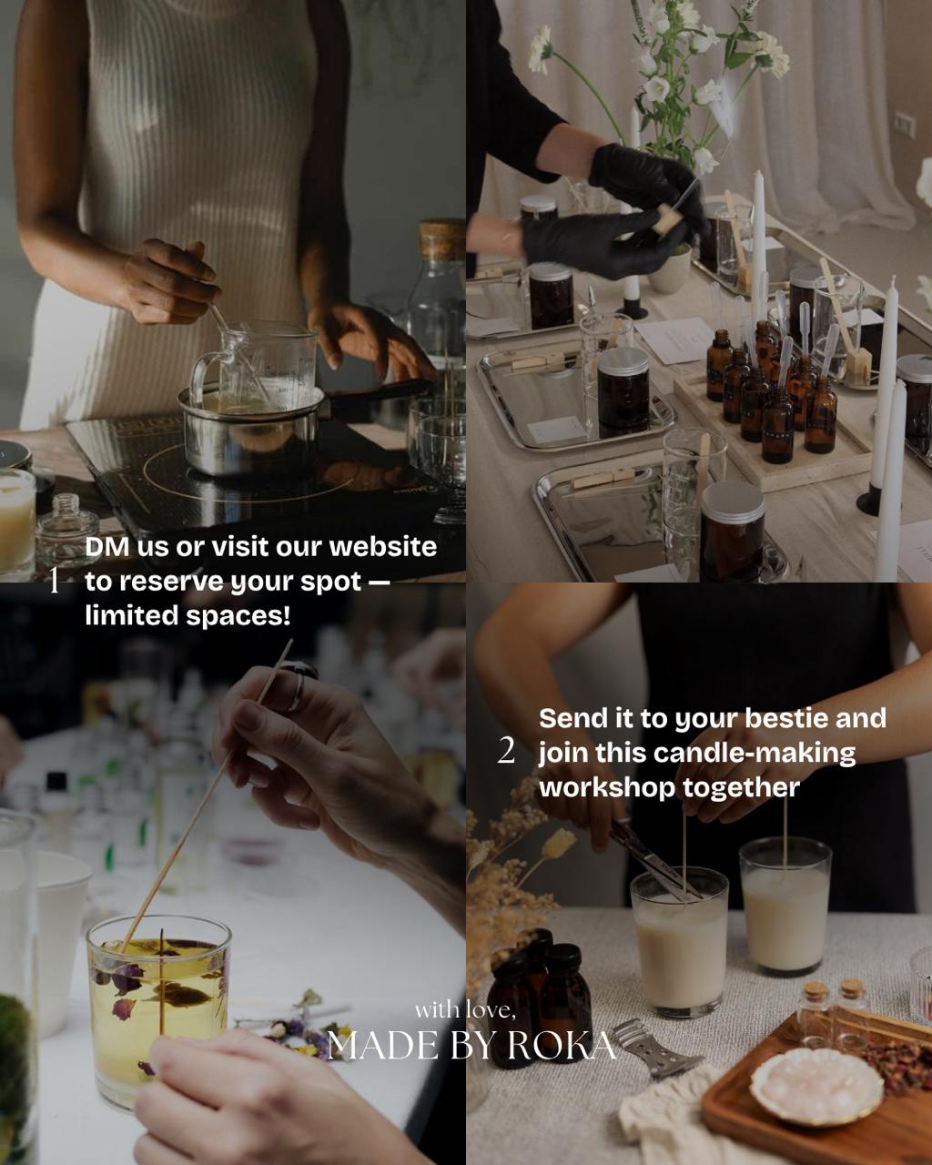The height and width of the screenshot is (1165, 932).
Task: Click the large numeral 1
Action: tap(54, 581)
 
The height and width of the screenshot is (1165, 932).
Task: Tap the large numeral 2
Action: tap(506, 751)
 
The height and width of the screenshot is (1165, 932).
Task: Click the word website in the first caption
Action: tap(382, 547)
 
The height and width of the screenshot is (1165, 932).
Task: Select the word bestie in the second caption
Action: tap(786, 718)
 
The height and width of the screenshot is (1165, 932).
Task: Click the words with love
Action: tap(465, 1010)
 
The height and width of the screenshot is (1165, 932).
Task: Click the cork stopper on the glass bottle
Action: tap(442, 238)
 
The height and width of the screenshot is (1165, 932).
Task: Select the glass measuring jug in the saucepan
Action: tap(255, 367)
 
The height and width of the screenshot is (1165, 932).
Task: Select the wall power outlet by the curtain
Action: tap(905, 124)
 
